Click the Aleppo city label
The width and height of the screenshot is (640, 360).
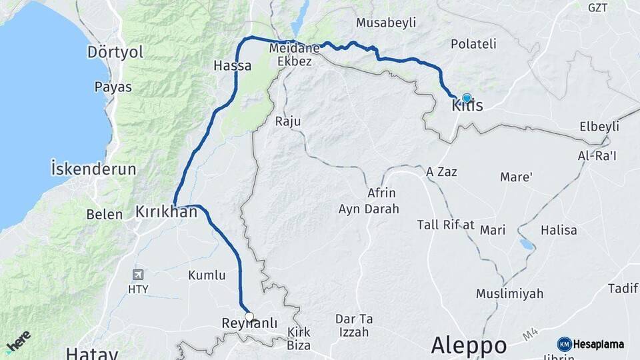[x=468, y=345]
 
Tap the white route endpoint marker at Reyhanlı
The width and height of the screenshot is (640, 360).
[x=249, y=317]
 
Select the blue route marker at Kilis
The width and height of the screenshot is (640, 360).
[x=467, y=97]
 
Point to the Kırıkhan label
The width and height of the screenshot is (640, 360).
[x=167, y=212]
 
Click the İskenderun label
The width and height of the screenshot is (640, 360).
[x=93, y=168]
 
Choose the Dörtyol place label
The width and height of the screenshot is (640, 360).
[x=115, y=52]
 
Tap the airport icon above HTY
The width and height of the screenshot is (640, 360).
[x=138, y=275]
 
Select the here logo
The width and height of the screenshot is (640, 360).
[x=18, y=341]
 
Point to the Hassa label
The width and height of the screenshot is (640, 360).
[x=232, y=65]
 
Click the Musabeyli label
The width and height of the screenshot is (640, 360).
[x=386, y=23]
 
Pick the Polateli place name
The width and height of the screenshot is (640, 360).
[x=474, y=44]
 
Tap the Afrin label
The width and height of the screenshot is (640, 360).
[x=381, y=193]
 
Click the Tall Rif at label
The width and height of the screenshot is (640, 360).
[x=445, y=225]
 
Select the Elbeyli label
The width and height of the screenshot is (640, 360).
[x=599, y=127]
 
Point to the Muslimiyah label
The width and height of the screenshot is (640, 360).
[x=509, y=293]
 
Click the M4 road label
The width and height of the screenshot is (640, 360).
[x=529, y=333]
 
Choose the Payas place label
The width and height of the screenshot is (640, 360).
[x=113, y=87]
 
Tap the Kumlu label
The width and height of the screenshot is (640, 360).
[x=207, y=275]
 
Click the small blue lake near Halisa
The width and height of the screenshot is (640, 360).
[x=527, y=245]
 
